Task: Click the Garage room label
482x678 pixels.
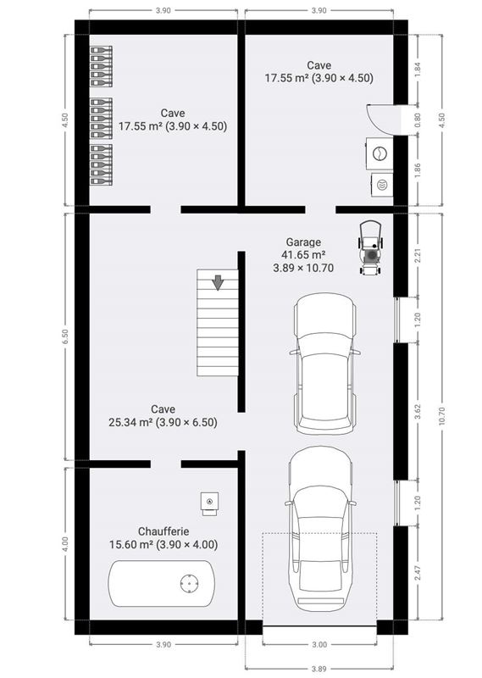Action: click(303, 242)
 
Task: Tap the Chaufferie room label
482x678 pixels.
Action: click(161, 531)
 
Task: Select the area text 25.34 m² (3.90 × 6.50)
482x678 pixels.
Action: click(163, 421)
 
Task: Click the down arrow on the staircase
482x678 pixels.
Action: click(219, 282)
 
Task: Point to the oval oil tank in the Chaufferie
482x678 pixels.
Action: click(160, 583)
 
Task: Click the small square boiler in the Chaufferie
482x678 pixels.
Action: click(208, 503)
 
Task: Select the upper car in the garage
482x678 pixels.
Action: click(325, 363)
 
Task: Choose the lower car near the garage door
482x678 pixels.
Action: click(319, 526)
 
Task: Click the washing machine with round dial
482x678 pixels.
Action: click(380, 153)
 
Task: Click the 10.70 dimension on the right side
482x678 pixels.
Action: click(441, 414)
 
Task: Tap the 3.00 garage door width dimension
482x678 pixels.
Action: click(319, 644)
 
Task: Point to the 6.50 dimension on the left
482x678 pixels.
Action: click(64, 336)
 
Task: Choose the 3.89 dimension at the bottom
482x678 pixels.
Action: click(319, 669)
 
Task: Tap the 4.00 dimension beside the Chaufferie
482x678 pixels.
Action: click(64, 542)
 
